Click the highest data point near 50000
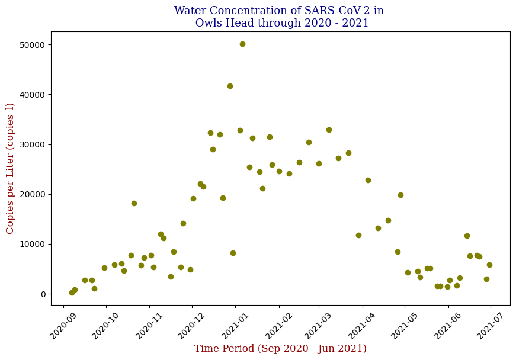click(242, 44)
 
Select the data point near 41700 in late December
click(230, 86)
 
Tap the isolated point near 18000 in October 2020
click(134, 203)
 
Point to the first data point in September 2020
click(72, 292)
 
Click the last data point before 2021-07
click(489, 265)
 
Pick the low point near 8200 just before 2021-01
click(233, 253)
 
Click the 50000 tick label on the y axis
click(33, 45)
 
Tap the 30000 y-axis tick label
click(33, 144)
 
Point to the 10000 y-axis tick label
click(33, 244)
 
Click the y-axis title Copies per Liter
click(10, 168)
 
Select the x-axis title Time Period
click(280, 349)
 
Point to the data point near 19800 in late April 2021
click(400, 195)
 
